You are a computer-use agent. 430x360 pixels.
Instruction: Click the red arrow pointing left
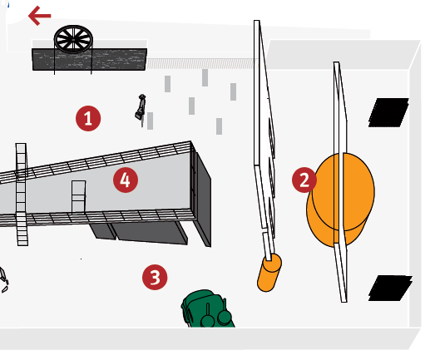tap(40, 16)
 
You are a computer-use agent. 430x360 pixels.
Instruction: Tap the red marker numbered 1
tap(88, 118)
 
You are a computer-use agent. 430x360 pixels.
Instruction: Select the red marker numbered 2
tap(304, 180)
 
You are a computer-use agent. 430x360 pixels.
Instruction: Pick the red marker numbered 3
tap(155, 277)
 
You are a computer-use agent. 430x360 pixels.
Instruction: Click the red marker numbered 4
tap(126, 180)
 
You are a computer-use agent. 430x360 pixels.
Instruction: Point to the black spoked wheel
tap(73, 39)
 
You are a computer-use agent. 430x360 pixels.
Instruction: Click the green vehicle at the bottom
tap(207, 309)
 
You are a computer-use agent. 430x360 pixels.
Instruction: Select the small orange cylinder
tap(269, 273)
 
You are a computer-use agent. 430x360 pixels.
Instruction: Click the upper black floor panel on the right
tap(388, 112)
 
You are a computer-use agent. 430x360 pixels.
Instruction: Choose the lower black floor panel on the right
tap(390, 288)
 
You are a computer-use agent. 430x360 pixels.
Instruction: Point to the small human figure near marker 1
tap(141, 108)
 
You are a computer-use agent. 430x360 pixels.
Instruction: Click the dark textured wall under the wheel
tap(89, 59)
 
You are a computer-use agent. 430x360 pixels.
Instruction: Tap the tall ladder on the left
tap(22, 194)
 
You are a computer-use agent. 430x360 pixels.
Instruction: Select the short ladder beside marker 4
tap(78, 196)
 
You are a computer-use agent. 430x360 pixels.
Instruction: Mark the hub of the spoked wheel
tap(73, 40)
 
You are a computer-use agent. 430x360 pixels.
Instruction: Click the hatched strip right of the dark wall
tap(200, 63)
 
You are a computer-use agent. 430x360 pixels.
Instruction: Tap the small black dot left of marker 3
tap(82, 259)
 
